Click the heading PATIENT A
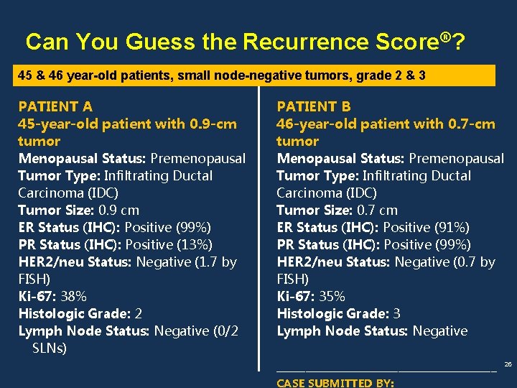[x=55, y=106]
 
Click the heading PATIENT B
[x=314, y=106]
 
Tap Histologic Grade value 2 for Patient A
[x=139, y=313]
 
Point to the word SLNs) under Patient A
[x=50, y=348]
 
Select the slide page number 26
[x=508, y=365]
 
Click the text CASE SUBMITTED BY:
[x=335, y=383]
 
